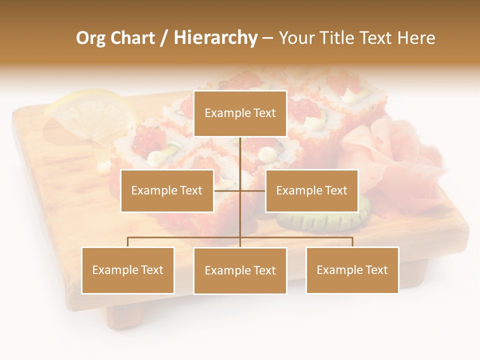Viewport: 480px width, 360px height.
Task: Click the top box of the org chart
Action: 240,113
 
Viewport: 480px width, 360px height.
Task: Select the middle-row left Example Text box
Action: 167,190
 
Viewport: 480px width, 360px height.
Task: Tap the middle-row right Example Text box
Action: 311,190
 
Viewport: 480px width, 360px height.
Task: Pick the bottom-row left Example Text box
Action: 127,270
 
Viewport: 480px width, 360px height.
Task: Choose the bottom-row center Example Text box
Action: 240,270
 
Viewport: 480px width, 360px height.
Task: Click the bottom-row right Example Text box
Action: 352,270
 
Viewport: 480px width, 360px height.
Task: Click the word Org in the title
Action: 90,38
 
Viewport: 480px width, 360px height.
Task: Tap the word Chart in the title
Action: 132,38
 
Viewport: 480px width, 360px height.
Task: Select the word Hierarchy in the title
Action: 215,38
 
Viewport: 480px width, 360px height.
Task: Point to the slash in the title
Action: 164,38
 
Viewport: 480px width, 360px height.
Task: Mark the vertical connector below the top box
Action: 240,155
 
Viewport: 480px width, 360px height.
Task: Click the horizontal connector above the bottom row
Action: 185,237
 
